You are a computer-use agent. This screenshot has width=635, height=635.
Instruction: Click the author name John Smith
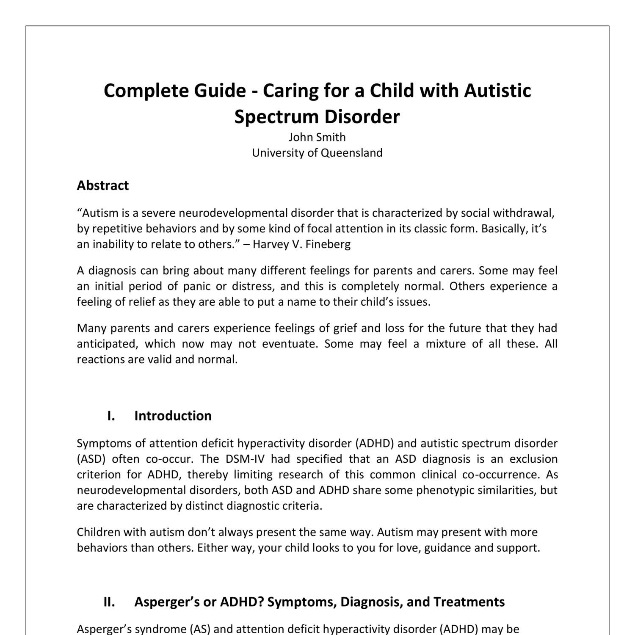pyautogui.click(x=317, y=137)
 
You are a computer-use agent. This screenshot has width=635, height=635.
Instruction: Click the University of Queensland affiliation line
pyautogui.click(x=317, y=153)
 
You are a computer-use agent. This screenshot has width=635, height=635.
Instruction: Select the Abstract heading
pyautogui.click(x=102, y=185)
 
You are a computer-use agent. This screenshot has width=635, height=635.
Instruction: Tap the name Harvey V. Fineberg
pyautogui.click(x=301, y=244)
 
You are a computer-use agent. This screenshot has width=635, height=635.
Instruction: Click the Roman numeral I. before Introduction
pyautogui.click(x=111, y=416)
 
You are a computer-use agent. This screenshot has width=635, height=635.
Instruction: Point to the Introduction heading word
pyautogui.click(x=173, y=416)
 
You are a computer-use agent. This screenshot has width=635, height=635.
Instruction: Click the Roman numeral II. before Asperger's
pyautogui.click(x=109, y=602)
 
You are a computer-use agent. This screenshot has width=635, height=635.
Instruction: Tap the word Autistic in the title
pyautogui.click(x=497, y=91)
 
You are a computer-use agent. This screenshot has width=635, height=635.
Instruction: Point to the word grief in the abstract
pyautogui.click(x=345, y=328)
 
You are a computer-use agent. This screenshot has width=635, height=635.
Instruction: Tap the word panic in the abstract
pyautogui.click(x=196, y=286)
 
